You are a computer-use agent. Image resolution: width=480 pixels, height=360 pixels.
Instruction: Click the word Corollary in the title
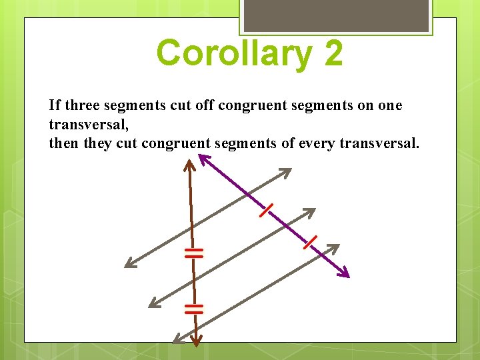233,53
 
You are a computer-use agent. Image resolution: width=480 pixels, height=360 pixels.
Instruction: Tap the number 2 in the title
333,53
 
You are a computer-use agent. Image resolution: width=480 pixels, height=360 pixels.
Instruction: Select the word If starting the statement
53,105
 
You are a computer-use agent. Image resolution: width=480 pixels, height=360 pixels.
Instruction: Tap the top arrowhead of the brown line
190,162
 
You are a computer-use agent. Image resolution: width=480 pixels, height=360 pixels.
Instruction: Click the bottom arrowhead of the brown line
195,341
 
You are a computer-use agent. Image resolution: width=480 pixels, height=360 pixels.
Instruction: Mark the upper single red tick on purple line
265,211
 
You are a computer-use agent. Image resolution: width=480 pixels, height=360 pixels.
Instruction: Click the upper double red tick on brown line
193,252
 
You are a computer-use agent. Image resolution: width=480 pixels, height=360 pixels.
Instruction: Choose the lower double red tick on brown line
194,308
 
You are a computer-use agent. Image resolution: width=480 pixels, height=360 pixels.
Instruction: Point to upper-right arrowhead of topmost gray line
285,173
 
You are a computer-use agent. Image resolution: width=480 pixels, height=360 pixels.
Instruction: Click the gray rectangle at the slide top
335,15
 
